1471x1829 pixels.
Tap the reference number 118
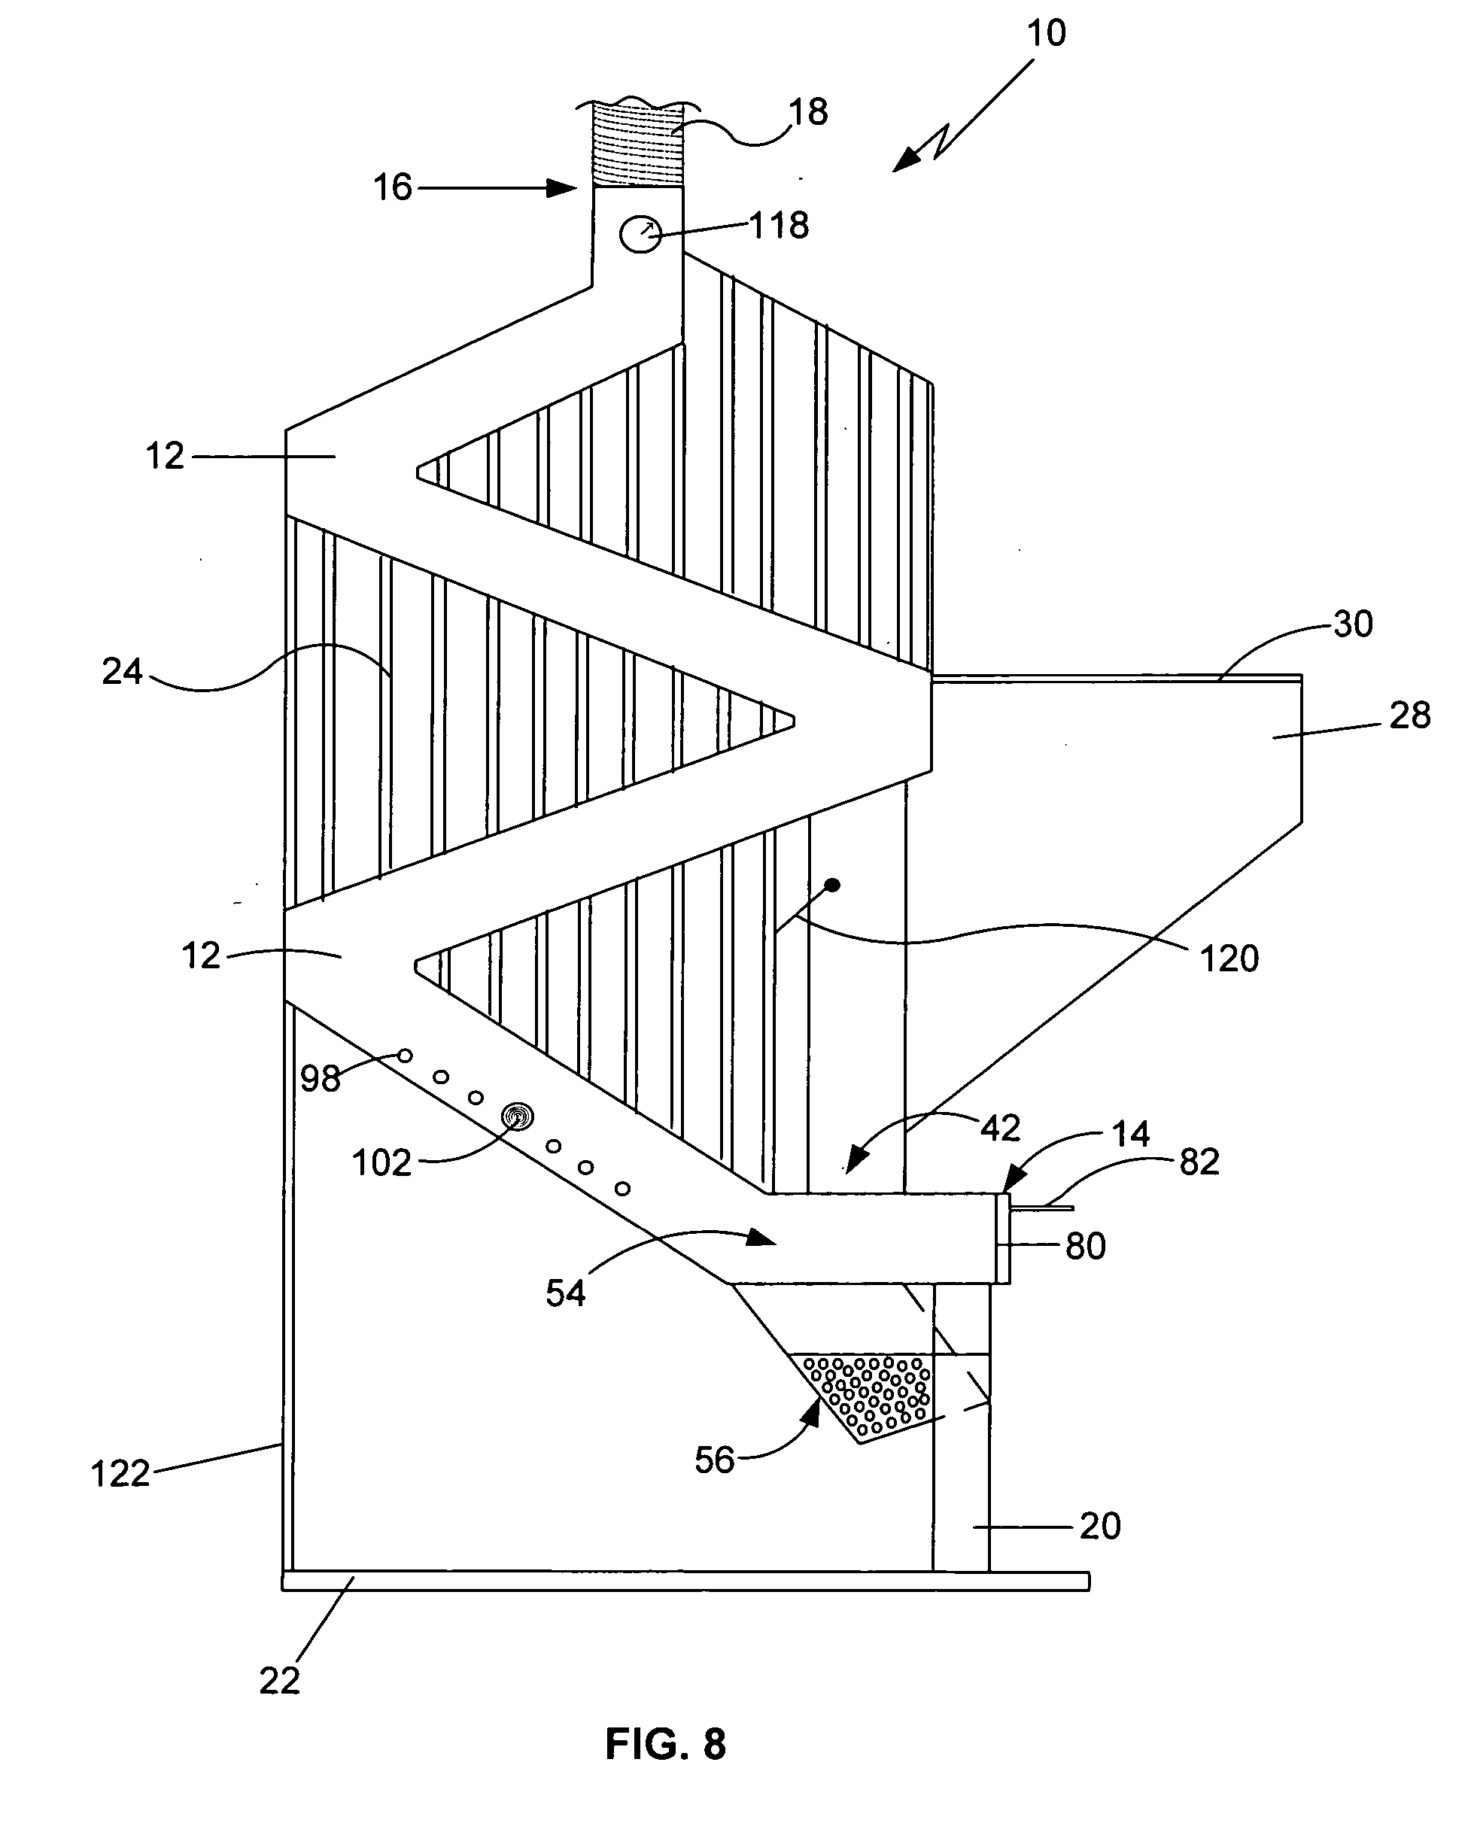click(x=780, y=226)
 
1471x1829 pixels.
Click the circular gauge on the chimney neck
click(x=640, y=234)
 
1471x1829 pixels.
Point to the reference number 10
click(x=1046, y=33)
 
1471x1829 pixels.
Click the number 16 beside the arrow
click(x=393, y=187)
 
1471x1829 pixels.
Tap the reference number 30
click(x=1352, y=624)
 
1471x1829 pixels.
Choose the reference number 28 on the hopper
click(x=1410, y=715)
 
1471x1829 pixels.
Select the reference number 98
click(x=321, y=1079)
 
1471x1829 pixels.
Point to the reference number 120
click(x=1229, y=959)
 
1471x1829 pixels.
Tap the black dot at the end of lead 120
click(x=832, y=885)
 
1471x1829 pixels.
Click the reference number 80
click(x=1086, y=1246)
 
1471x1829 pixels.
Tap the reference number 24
click(x=122, y=672)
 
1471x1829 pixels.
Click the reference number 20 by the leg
click(x=1100, y=1526)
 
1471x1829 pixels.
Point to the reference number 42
click(x=1000, y=1129)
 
